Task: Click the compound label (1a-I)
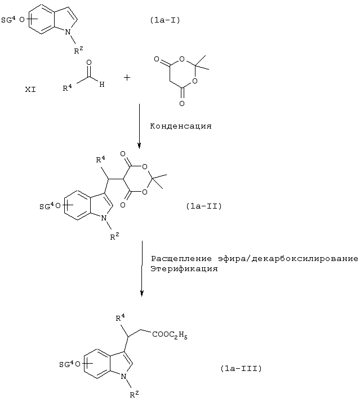pos(165,20)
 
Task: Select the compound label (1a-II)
pos(204,206)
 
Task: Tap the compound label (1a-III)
pos(241,368)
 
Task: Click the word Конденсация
pos(181,126)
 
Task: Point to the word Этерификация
pos(184,269)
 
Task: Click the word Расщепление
pos(181,259)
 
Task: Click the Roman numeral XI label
pos(30,90)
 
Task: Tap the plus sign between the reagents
pos(127,77)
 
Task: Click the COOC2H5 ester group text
pos(170,335)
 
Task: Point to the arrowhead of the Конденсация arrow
pos(139,146)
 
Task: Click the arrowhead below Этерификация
pos(142,294)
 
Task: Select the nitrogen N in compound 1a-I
pos(68,32)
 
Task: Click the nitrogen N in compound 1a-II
pos(104,218)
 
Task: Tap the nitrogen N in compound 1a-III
pos(123,377)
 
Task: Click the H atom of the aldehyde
pos(102,85)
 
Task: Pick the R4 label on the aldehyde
pos(68,88)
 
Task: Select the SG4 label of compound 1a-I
pos(8,20)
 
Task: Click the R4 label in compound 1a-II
pos(100,160)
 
